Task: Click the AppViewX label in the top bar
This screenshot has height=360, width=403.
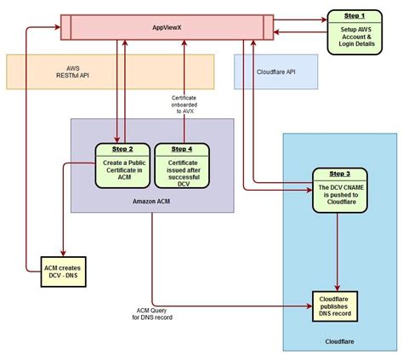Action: tap(167, 27)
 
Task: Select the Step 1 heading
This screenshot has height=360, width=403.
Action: tap(355, 16)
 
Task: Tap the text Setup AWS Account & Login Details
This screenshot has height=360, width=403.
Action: tap(356, 37)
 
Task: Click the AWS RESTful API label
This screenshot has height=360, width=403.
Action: tap(72, 72)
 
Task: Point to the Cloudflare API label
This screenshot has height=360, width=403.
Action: tap(275, 72)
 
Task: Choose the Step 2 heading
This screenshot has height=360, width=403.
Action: tap(122, 149)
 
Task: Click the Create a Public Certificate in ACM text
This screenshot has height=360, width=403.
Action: tap(124, 170)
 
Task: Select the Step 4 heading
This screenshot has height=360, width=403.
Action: tap(182, 149)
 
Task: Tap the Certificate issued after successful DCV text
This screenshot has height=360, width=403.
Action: tap(183, 174)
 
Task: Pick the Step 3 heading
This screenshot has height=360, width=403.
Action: tap(339, 174)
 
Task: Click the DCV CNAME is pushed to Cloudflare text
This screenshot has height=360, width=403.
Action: tap(341, 195)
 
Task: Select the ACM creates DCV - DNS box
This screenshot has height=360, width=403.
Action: tap(63, 271)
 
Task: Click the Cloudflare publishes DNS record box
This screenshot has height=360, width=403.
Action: tap(335, 306)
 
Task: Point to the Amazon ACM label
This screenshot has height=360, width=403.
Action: tap(151, 202)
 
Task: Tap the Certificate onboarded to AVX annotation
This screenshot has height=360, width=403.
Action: tap(184, 105)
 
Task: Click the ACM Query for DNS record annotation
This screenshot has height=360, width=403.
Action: tap(152, 314)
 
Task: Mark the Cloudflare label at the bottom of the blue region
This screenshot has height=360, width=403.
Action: tap(339, 341)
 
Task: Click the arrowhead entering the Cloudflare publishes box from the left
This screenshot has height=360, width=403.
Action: tap(309, 306)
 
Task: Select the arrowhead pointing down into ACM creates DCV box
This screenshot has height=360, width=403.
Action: tap(63, 254)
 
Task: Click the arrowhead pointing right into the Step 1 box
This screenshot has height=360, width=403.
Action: tap(325, 20)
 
